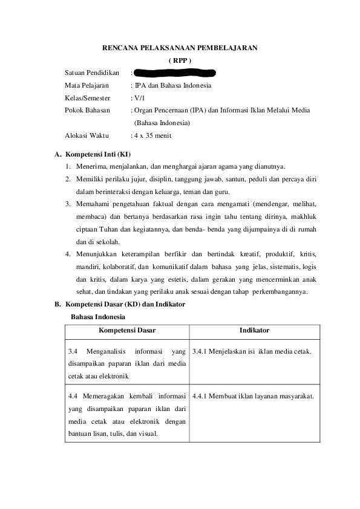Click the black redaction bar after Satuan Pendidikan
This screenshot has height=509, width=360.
click(175, 73)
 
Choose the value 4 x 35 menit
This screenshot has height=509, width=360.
click(152, 135)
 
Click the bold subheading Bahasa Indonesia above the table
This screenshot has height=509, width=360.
click(98, 317)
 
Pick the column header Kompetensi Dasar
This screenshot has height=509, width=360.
click(127, 331)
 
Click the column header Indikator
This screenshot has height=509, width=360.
click(254, 331)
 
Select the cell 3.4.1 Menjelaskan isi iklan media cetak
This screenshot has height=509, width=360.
click(252, 351)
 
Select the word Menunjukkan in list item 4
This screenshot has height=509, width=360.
click(96, 252)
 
